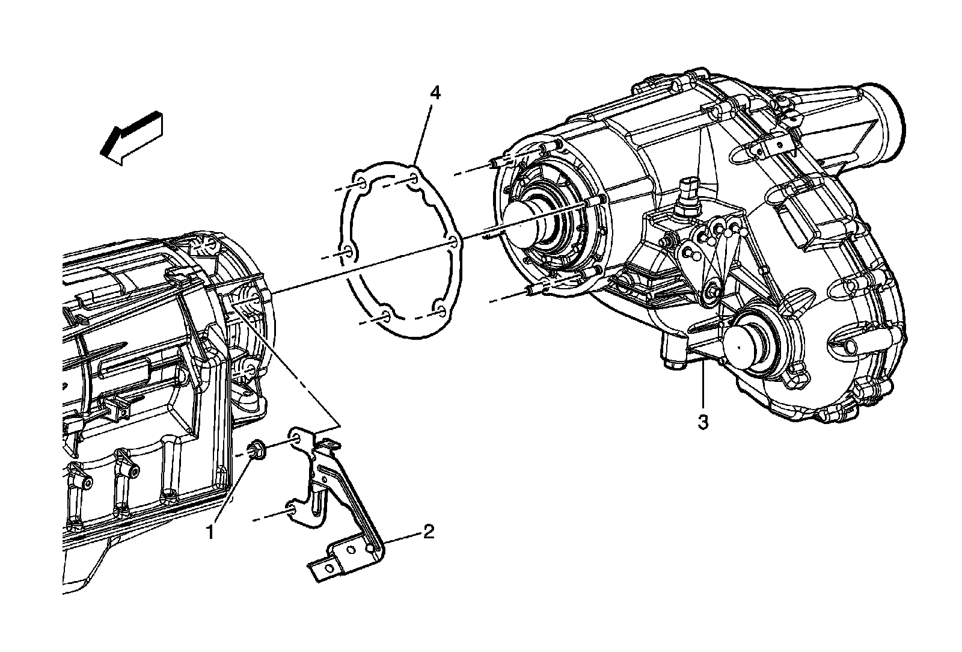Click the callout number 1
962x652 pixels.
pyautogui.click(x=210, y=532)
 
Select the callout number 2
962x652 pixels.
pyautogui.click(x=428, y=532)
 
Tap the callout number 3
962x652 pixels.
pyautogui.click(x=703, y=422)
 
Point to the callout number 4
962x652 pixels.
pyautogui.click(x=435, y=93)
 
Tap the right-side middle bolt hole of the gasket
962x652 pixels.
pyautogui.click(x=453, y=242)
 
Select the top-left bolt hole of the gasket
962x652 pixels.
pyautogui.click(x=361, y=183)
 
